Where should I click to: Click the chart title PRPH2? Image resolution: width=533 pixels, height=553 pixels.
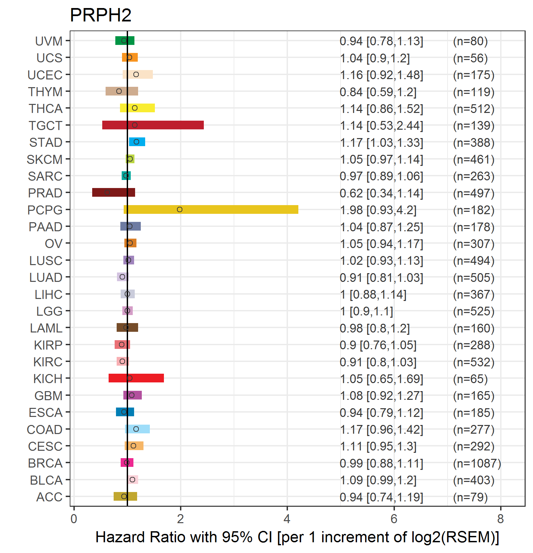101,15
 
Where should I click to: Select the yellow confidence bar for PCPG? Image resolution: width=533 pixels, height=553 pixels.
235,209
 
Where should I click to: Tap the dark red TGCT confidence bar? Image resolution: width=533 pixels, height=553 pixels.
168,125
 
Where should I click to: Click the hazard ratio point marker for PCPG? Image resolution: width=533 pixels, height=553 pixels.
180,209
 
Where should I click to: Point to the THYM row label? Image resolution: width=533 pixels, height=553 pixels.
45,91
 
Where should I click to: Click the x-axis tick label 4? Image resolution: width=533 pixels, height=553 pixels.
287,519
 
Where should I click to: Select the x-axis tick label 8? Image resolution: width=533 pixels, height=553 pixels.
500,519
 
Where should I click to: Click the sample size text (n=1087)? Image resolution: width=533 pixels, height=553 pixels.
477,463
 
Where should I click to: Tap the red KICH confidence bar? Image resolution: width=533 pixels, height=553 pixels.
147,378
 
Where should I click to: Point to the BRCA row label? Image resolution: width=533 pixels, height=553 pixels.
45,463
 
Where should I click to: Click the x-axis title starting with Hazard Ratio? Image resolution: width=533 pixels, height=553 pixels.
297,537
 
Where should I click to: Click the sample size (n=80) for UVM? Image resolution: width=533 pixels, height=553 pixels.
470,41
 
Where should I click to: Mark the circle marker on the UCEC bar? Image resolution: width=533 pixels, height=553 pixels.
136,74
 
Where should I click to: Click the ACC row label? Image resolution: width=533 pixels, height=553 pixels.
49,497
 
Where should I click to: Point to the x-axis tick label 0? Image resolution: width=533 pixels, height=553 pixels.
74,519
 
